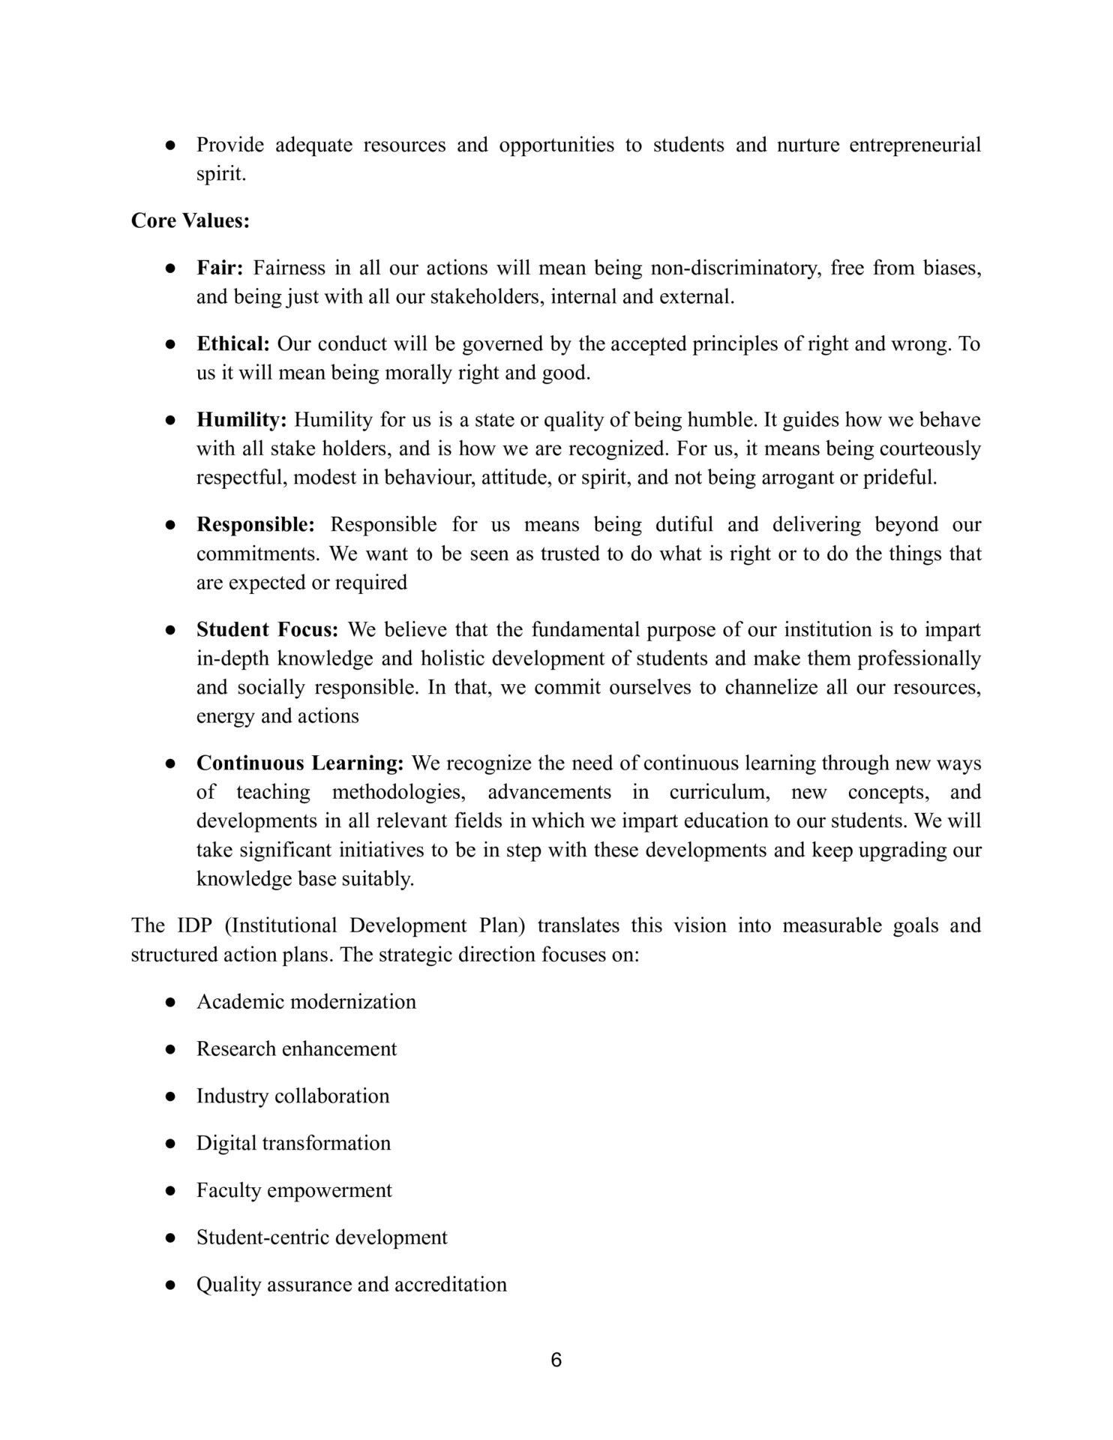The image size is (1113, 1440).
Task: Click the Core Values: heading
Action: pyautogui.click(x=190, y=220)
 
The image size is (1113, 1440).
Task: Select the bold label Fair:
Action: pyautogui.click(x=220, y=268)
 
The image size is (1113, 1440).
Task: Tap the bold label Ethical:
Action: pyautogui.click(x=232, y=344)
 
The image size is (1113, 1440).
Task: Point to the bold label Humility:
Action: pyautogui.click(x=241, y=420)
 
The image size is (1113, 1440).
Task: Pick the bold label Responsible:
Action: pyautogui.click(x=256, y=525)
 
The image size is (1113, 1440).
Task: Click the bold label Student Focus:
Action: pyautogui.click(x=268, y=629)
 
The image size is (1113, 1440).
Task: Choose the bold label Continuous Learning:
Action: pyautogui.click(x=300, y=763)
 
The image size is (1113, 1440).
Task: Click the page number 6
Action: pyautogui.click(x=556, y=1360)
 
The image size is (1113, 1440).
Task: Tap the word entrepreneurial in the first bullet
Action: pyautogui.click(x=915, y=145)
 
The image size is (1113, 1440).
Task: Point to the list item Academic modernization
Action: pyautogui.click(x=306, y=1002)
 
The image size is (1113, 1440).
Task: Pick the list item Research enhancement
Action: pyautogui.click(x=296, y=1048)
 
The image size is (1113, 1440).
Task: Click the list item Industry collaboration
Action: pyautogui.click(x=292, y=1096)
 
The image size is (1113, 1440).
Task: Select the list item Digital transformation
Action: pyautogui.click(x=293, y=1143)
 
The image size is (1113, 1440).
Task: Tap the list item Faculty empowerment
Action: pyautogui.click(x=294, y=1190)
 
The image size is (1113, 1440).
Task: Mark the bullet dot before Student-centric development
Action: pyautogui.click(x=170, y=1238)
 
